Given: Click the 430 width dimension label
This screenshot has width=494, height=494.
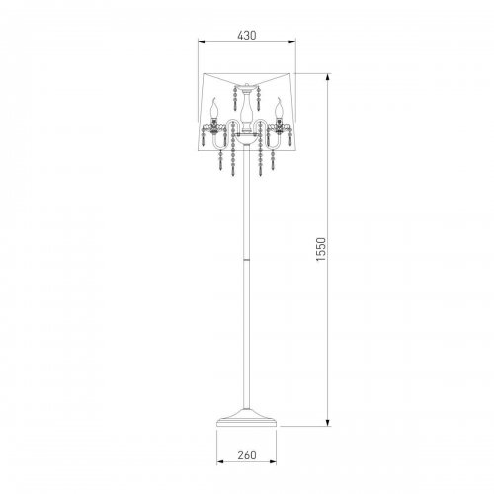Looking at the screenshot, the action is pyautogui.click(x=247, y=35).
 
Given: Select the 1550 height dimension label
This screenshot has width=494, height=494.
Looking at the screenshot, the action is pyautogui.click(x=321, y=249).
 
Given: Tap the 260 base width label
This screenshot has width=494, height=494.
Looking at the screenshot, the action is pyautogui.click(x=247, y=454).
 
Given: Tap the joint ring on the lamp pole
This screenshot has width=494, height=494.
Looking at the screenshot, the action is pyautogui.click(x=246, y=260).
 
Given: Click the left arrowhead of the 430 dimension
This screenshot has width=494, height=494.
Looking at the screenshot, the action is pyautogui.click(x=202, y=41).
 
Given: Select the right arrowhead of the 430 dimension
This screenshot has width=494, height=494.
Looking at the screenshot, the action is pyautogui.click(x=291, y=41).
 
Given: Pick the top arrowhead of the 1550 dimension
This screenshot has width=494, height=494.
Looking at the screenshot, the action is pyautogui.click(x=327, y=77).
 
